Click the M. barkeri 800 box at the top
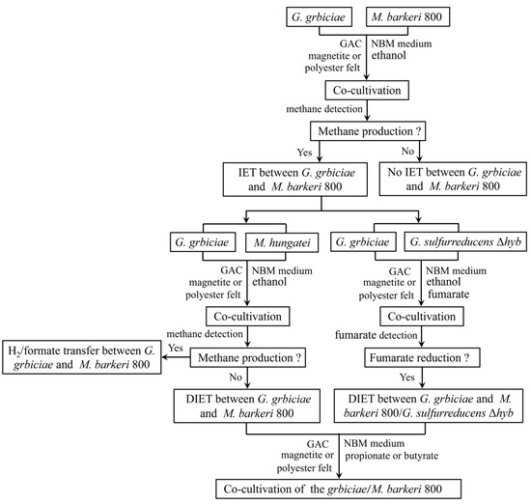coord(407,17)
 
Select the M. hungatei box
coord(282,242)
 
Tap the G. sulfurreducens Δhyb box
coord(465,241)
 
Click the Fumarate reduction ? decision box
coord(422,357)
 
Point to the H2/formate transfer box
coord(82,357)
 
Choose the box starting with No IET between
coord(453,179)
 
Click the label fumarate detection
coord(376,335)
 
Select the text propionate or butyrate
coord(391,456)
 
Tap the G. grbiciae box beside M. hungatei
coord(203,241)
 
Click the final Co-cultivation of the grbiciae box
coord(338,489)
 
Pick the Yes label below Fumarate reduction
coord(406,377)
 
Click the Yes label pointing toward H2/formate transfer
coord(176,348)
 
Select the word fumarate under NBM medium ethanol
coord(448,294)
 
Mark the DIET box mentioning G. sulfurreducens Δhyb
coord(429,406)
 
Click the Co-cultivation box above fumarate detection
coord(422,317)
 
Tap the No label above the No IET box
coord(407,151)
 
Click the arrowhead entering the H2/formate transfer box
coord(164,357)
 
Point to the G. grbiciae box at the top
coord(319,17)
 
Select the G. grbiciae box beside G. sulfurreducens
coord(363,241)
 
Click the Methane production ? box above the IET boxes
coord(368,131)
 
